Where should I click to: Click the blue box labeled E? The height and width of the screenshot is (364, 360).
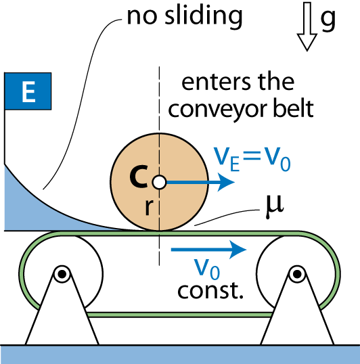tap(28, 91)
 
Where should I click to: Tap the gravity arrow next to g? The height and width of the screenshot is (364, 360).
tap(307, 26)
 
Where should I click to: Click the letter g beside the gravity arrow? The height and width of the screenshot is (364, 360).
tap(328, 20)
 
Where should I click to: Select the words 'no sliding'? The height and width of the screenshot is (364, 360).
tap(185, 16)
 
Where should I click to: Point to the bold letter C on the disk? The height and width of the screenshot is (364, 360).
tap(139, 176)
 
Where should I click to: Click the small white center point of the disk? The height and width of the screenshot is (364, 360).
tap(159, 182)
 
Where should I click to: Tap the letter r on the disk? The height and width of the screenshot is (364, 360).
tap(148, 207)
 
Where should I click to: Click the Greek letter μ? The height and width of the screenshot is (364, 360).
tap(274, 206)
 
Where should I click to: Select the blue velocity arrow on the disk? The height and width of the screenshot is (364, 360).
tap(200, 183)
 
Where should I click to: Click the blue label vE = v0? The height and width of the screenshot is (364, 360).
tap(252, 159)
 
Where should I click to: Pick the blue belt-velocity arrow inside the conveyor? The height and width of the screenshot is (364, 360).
tap(208, 250)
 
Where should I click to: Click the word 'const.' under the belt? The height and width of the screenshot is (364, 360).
tap(210, 291)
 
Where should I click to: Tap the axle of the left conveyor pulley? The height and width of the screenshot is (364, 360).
tap(62, 274)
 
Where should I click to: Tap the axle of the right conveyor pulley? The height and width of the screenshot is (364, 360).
tap(297, 274)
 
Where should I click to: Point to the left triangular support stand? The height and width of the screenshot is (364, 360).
tap(62, 309)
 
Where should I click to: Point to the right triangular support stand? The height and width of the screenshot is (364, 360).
tap(297, 309)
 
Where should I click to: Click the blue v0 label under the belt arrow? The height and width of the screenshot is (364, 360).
tap(207, 269)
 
